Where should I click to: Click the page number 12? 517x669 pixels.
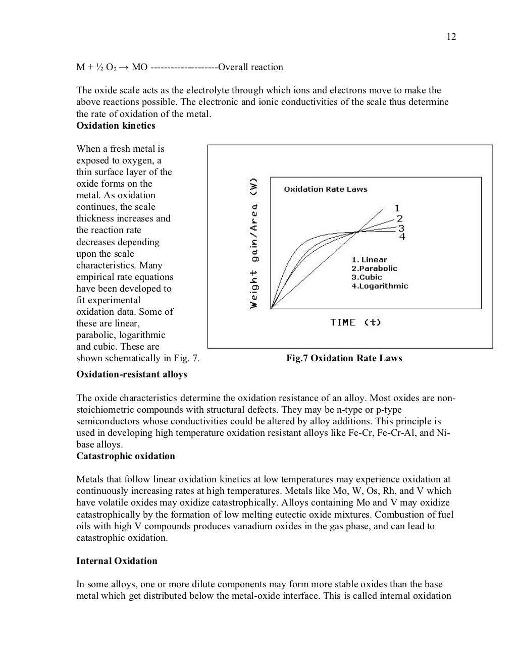451,37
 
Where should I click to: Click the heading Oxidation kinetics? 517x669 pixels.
116,126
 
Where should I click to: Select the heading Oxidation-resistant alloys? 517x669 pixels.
131,374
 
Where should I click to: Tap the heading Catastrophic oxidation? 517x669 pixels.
125,456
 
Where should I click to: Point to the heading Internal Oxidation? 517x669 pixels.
117,561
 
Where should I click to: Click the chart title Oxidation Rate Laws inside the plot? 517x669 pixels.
326,189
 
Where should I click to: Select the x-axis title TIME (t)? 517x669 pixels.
355,322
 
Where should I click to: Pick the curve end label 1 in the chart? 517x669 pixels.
397,208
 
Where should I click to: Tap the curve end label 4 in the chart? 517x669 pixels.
402,237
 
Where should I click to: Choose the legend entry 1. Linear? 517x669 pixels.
369,260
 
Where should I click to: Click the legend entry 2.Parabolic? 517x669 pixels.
374,268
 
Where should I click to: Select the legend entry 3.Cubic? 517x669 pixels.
367,277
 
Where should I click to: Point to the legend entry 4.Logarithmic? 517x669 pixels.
380,286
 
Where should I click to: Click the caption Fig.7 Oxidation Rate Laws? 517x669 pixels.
344,358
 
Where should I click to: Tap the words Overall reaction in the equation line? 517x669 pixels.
250,67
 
